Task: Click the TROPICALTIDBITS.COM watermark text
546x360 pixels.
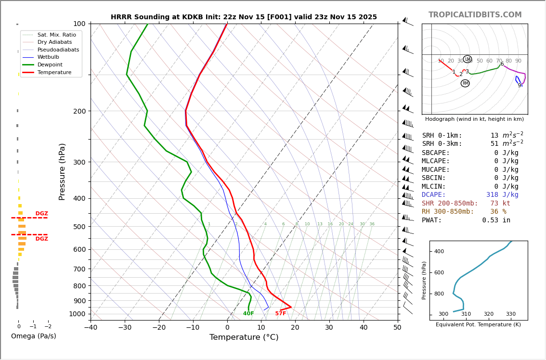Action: [475, 15]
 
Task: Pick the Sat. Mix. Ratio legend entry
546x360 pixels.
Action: [56, 35]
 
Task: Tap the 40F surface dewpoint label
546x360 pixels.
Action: [248, 314]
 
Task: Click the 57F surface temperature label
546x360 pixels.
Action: [281, 314]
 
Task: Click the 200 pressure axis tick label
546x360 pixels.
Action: [79, 111]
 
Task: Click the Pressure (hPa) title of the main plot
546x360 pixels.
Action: [62, 171]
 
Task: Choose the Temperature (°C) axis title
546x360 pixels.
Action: [244, 338]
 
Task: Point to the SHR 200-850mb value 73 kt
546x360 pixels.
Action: [500, 204]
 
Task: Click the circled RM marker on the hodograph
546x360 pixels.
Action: [465, 83]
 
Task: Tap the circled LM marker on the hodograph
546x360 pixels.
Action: [468, 59]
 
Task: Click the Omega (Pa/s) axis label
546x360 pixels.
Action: [34, 336]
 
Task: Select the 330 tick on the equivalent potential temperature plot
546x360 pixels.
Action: [510, 314]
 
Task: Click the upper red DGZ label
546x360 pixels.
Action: [41, 214]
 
